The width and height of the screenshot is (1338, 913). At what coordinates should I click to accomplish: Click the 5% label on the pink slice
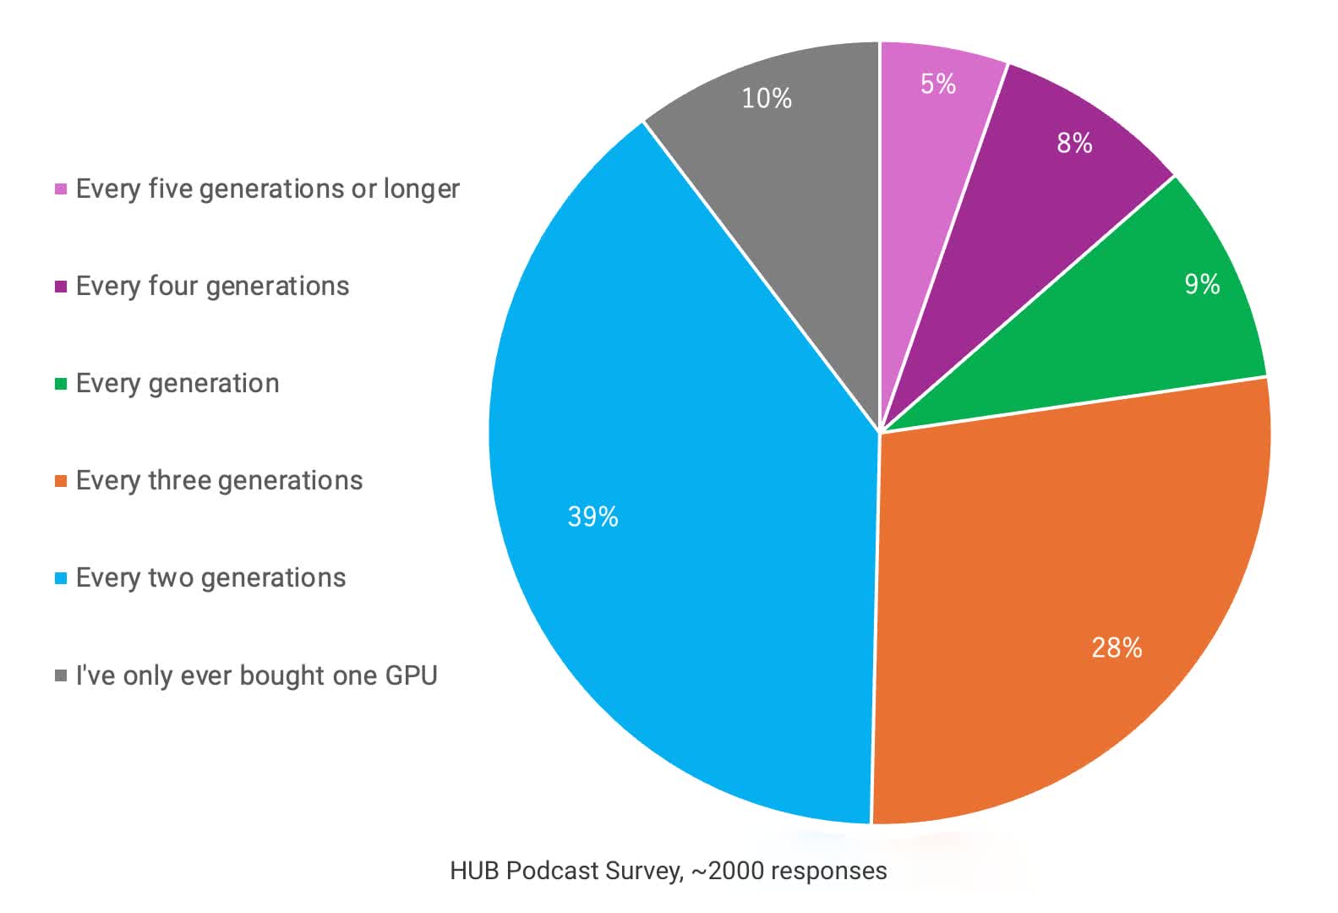[938, 84]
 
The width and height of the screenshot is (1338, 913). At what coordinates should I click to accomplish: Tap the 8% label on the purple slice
[1074, 143]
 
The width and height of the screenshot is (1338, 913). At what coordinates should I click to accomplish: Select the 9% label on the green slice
[1201, 284]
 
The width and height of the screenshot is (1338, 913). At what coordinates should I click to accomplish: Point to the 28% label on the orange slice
[1117, 648]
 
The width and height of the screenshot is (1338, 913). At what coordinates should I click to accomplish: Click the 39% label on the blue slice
[593, 516]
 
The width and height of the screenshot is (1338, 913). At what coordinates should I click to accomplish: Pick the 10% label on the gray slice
[767, 98]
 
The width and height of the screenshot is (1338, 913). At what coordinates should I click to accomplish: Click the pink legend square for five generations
[61, 189]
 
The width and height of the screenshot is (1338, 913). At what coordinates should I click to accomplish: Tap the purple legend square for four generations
[61, 287]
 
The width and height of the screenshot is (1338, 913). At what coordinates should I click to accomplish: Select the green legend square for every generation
[61, 384]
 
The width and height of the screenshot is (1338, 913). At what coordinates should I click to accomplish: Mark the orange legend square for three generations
[61, 481]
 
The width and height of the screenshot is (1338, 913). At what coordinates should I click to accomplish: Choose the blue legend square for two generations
[61, 578]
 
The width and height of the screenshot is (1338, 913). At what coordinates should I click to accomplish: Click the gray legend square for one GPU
[61, 675]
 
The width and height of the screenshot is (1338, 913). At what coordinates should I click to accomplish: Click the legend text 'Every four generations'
[212, 286]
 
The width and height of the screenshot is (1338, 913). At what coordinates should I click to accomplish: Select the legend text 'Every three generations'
[219, 480]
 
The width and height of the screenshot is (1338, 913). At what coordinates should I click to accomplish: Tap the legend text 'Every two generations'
[210, 577]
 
